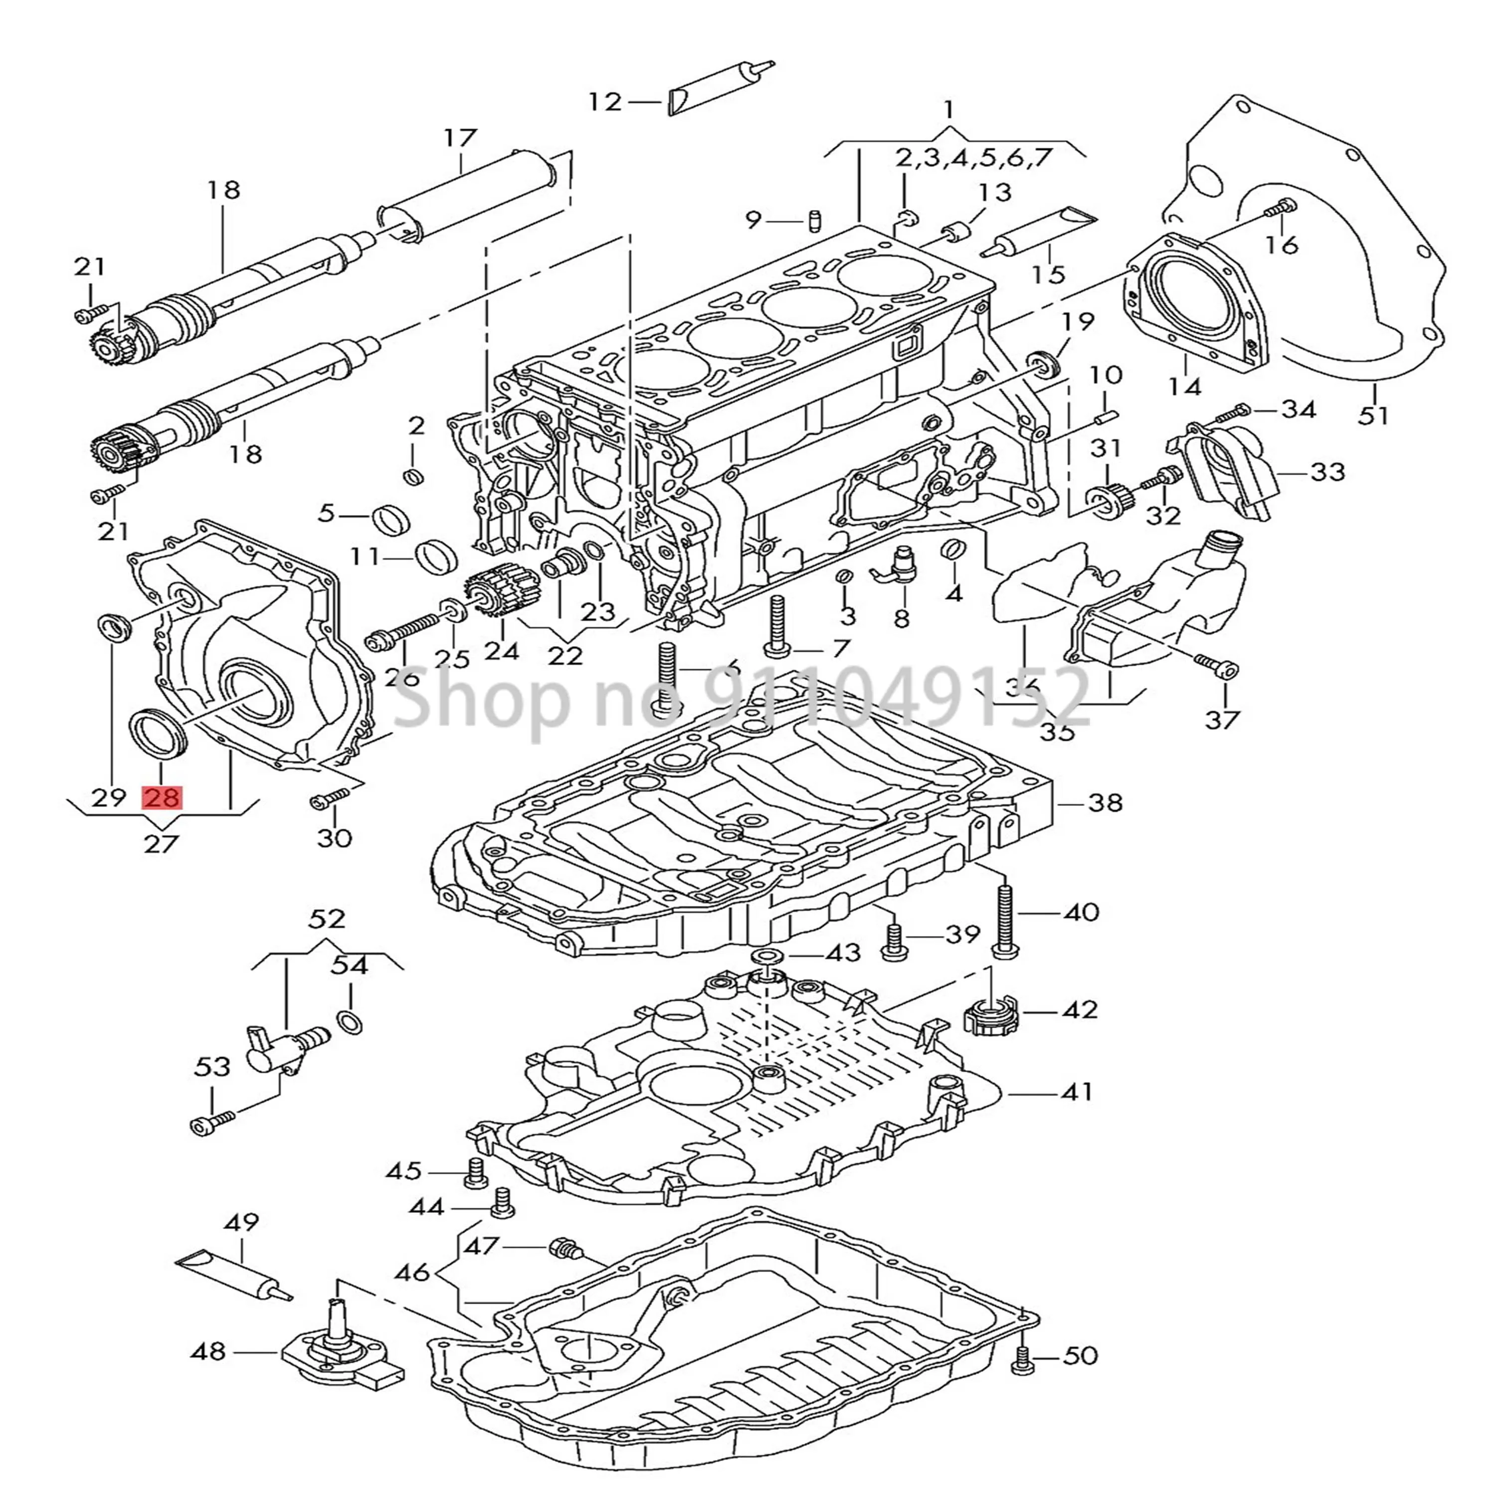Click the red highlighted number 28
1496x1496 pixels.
tap(161, 797)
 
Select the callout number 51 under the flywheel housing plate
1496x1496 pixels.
tap(1374, 416)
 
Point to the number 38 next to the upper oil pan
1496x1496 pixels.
tap(1105, 803)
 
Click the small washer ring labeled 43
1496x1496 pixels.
tap(766, 952)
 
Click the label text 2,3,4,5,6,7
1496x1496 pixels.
tap(974, 158)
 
